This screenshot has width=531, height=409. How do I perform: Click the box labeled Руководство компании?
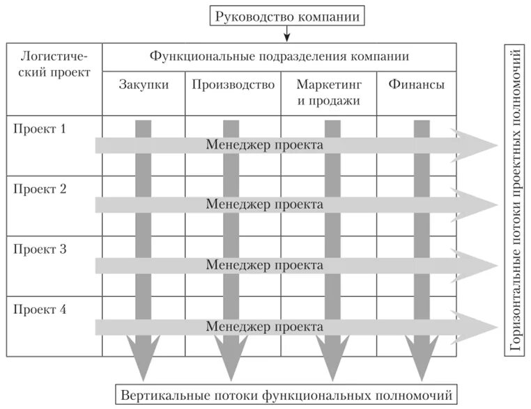(288, 16)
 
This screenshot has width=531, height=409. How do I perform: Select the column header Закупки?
(143, 86)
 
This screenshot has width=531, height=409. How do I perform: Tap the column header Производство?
(233, 86)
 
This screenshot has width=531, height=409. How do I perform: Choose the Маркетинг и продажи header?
(328, 93)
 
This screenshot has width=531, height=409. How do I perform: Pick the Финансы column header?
(417, 86)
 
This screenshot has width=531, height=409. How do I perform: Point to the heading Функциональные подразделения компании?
(279, 56)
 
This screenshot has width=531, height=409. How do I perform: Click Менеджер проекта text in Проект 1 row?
(264, 145)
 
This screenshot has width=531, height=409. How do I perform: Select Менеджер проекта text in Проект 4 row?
(264, 326)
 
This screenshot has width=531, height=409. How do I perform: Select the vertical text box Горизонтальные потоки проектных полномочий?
(516, 202)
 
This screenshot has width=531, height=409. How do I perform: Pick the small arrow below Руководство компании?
(288, 35)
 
